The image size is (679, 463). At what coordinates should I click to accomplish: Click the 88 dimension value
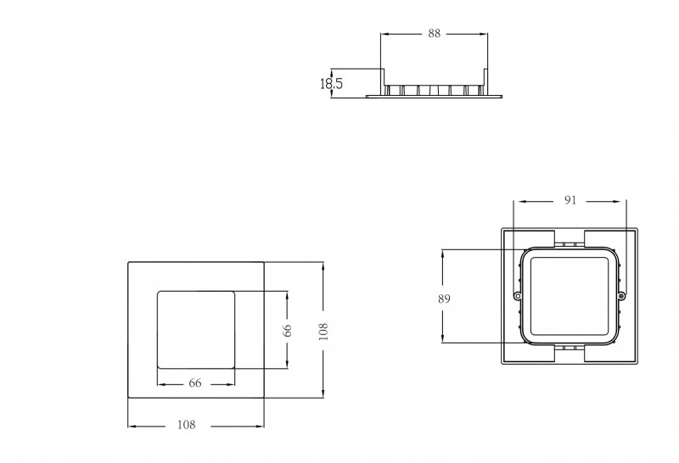pyautogui.click(x=434, y=33)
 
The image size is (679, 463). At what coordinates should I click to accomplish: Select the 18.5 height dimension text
pyautogui.click(x=331, y=83)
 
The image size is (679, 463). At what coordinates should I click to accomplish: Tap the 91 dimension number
pyautogui.click(x=570, y=200)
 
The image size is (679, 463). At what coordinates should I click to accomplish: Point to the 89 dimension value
pyautogui.click(x=444, y=298)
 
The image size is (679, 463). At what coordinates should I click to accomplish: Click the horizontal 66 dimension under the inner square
pyautogui.click(x=195, y=383)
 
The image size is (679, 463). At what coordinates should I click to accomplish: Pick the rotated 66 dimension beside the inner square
pyautogui.click(x=287, y=330)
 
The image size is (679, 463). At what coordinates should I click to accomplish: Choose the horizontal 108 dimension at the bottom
pyautogui.click(x=187, y=425)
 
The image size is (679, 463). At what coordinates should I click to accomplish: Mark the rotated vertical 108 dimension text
pyautogui.click(x=323, y=332)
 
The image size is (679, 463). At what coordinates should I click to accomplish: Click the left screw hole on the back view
pyautogui.click(x=517, y=296)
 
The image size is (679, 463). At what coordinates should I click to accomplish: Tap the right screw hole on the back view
pyautogui.click(x=621, y=296)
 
